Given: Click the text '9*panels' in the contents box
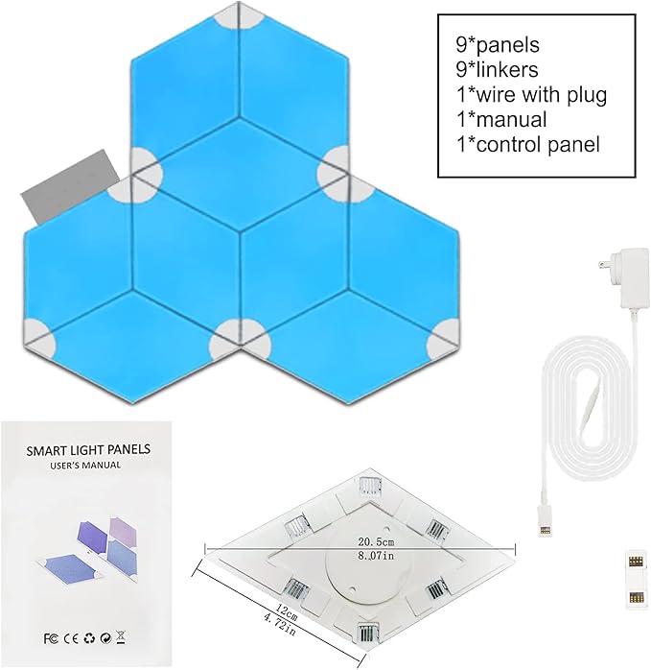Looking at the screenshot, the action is click(498, 45).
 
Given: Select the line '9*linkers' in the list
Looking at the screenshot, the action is click(497, 70).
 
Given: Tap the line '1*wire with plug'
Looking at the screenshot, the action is click(531, 94).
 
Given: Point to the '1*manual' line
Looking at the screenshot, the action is click(501, 119).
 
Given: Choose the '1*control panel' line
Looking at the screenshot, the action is click(528, 144).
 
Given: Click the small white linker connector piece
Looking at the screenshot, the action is click(636, 577).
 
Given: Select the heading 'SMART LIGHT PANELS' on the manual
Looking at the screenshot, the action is click(88, 449).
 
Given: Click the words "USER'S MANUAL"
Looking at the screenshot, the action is click(85, 466).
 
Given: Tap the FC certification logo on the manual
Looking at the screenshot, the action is click(51, 639).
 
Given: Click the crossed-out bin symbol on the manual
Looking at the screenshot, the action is click(121, 637).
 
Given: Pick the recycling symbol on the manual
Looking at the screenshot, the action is click(90, 638).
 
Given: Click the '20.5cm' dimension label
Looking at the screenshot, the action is click(376, 542).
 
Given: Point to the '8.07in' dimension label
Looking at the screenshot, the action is click(376, 556).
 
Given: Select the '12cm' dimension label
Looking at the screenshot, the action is click(287, 612).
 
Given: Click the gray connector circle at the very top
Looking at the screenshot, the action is click(239, 16).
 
